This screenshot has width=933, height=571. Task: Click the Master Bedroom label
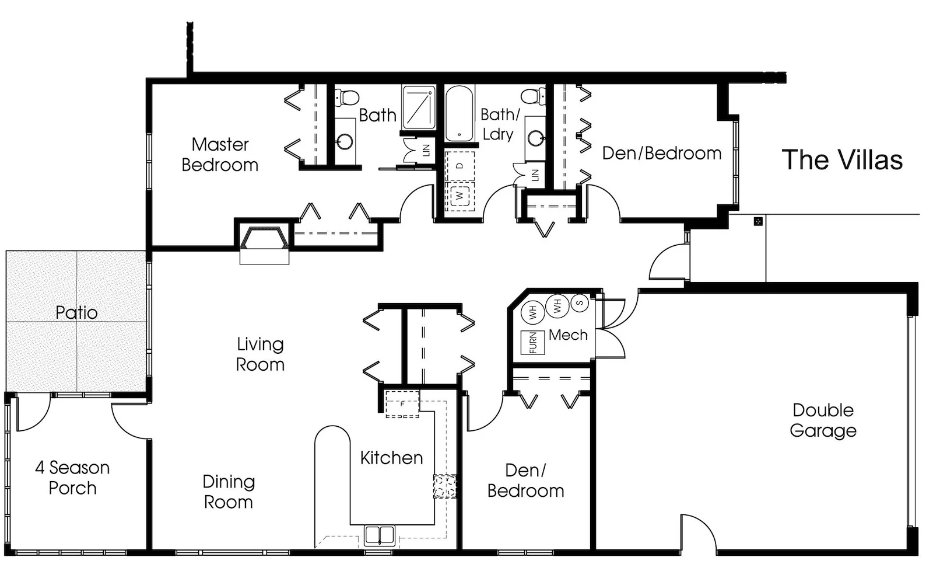tap(220, 155)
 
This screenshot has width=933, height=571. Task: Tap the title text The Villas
tap(842, 160)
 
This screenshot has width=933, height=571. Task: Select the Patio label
tap(76, 312)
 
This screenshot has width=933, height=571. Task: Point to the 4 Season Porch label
tap(72, 478)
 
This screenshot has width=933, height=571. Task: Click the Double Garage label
tap(823, 420)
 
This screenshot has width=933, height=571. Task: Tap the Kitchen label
tap(391, 458)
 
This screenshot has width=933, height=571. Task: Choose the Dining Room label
tap(229, 492)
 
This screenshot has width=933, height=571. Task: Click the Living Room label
tap(260, 354)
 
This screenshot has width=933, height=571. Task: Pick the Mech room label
tap(568, 335)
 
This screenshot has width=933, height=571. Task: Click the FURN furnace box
tap(533, 343)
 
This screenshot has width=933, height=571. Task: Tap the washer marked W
tap(460, 195)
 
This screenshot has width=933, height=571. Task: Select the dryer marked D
tap(460, 166)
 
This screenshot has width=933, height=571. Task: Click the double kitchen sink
tap(380, 535)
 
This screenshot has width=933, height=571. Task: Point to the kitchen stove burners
tap(445, 486)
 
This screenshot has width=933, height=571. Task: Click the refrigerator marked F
tap(402, 404)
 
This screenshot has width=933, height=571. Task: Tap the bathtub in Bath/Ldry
tap(460, 113)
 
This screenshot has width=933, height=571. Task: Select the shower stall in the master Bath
tap(419, 107)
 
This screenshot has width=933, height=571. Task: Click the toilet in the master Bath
tap(346, 97)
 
